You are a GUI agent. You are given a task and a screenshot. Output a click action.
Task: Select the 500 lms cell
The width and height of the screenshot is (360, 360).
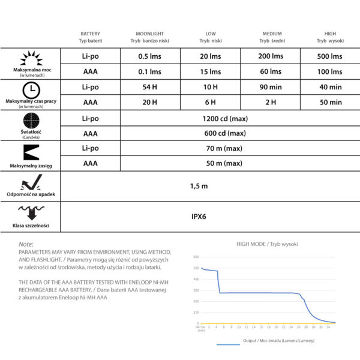click(330, 56)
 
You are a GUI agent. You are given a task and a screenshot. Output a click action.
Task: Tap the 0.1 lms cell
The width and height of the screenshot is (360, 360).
click(150, 71)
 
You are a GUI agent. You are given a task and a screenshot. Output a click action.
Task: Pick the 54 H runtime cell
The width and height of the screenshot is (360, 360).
click(150, 87)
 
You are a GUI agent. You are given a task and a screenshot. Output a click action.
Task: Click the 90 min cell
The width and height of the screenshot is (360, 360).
click(270, 87)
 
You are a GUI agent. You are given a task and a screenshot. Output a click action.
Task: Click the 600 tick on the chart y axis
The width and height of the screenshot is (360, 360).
click(196, 257)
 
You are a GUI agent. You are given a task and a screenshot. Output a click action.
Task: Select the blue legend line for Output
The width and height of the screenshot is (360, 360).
click(227, 344)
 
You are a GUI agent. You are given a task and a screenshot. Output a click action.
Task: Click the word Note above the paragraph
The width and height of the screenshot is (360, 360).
click(26, 245)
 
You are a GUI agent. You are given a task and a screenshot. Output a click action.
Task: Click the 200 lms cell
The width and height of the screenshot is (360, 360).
click(270, 56)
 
